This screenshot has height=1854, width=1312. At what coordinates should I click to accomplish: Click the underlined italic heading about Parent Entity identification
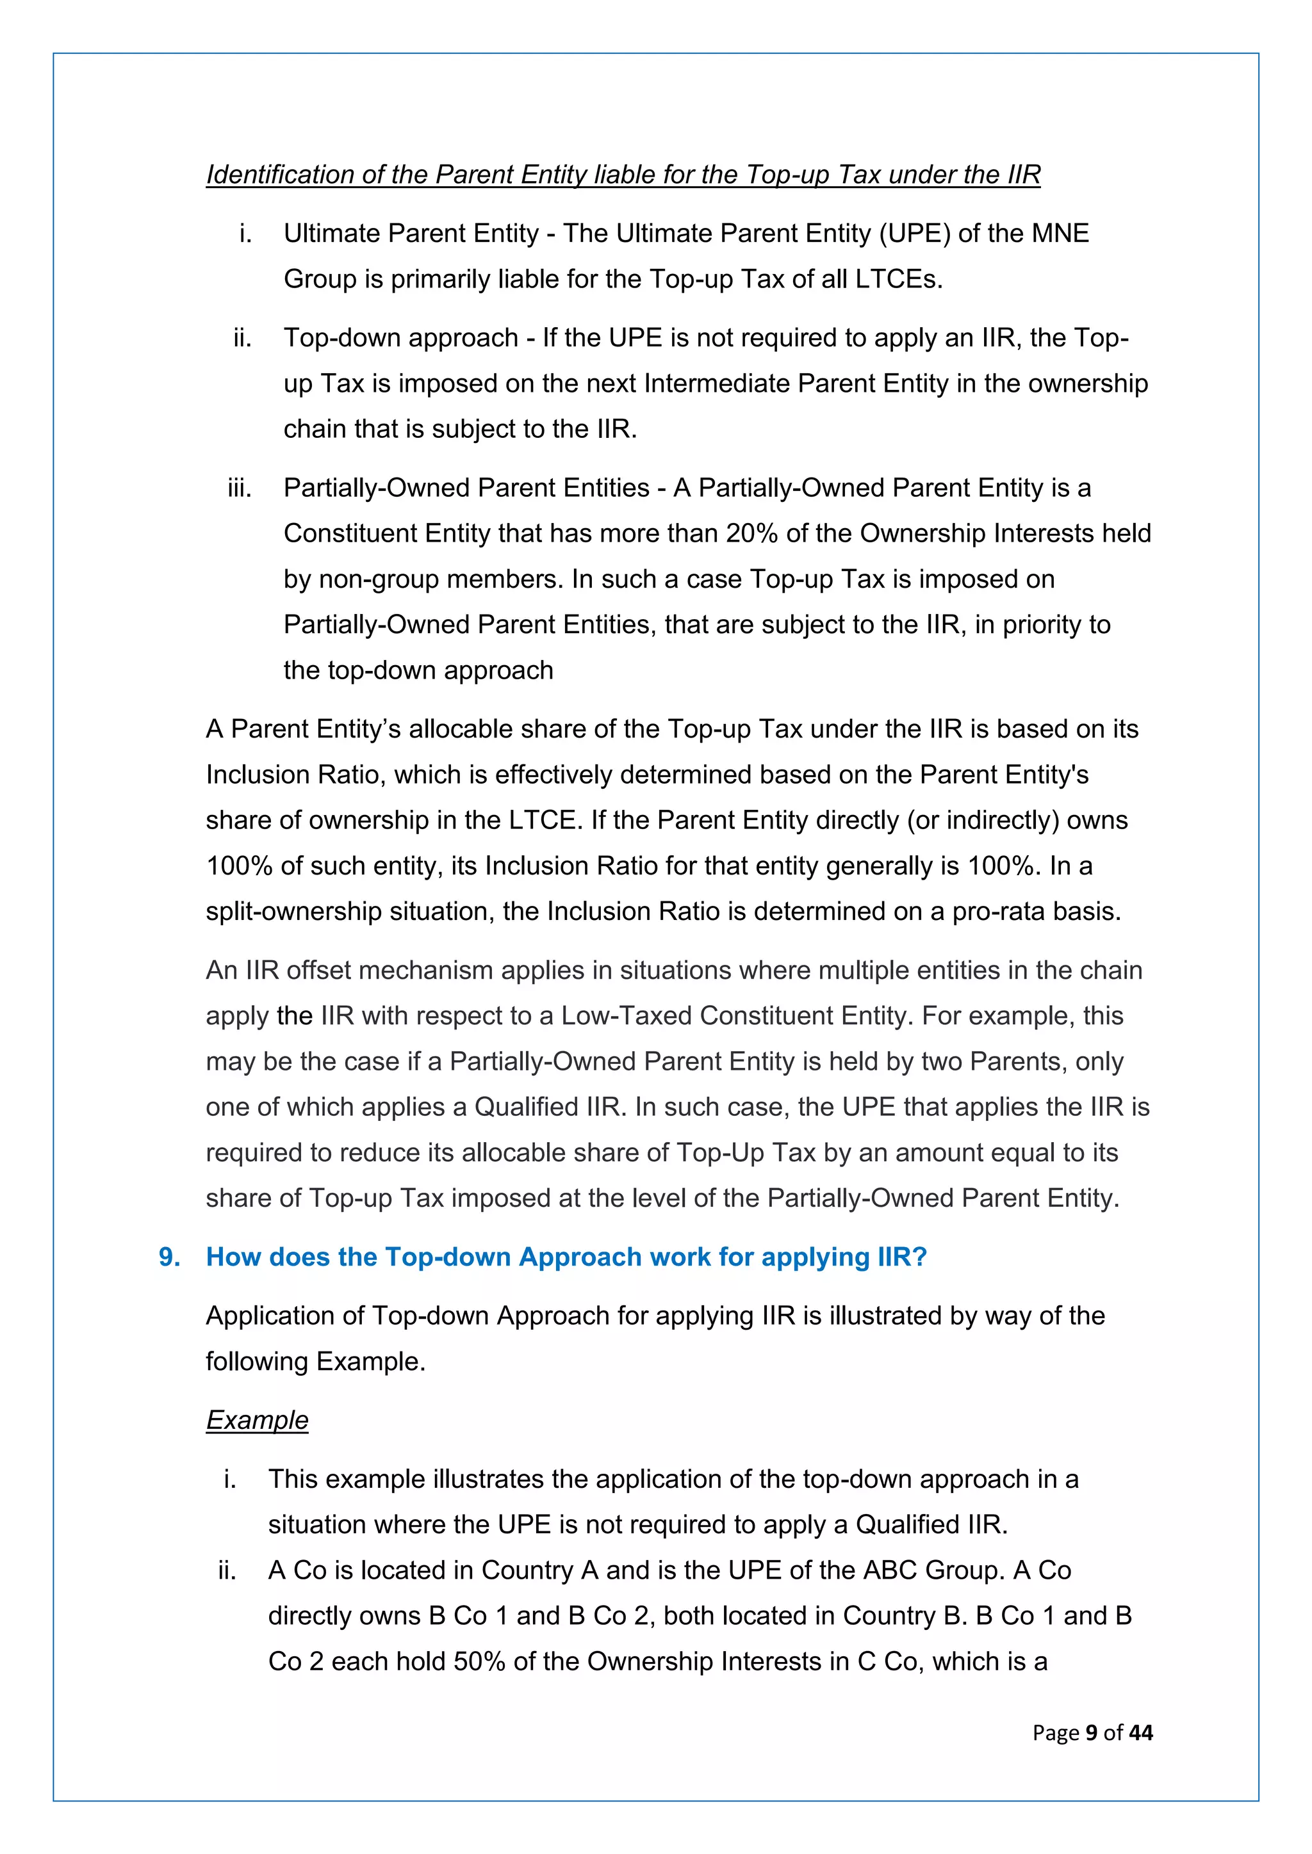[623, 174]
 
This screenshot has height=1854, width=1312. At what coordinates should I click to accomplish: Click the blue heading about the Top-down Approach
[566, 1257]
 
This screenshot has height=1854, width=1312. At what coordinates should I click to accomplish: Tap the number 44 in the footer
[1141, 1732]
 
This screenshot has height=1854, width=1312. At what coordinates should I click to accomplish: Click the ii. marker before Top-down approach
[242, 337]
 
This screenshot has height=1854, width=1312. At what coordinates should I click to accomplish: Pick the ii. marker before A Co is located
[227, 1570]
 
